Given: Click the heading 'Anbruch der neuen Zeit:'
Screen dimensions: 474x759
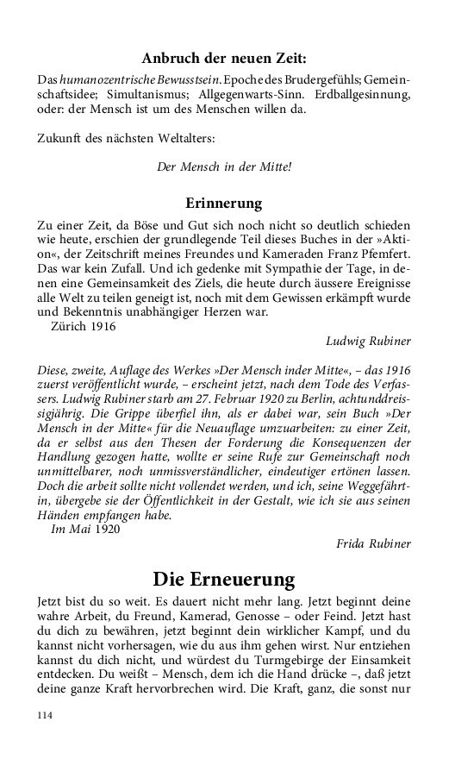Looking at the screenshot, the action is (x=223, y=59).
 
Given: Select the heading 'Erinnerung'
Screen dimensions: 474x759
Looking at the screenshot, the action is (x=223, y=204).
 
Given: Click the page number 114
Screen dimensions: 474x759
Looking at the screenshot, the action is (x=46, y=715).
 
